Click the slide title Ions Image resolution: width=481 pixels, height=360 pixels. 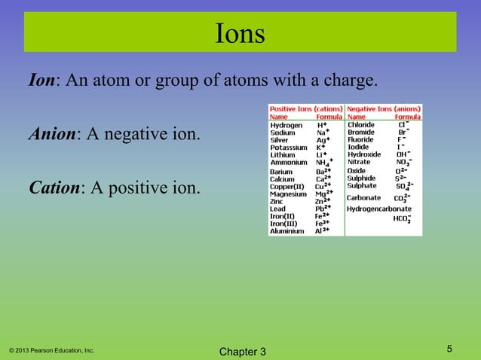coord(240,35)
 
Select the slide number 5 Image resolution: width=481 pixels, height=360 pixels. coord(449,348)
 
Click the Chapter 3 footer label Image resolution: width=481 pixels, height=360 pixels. coord(240,352)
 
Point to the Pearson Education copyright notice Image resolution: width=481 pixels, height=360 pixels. coord(51,350)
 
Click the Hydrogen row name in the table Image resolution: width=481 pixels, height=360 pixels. coord(286,125)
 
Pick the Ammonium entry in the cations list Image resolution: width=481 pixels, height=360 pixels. coord(289,162)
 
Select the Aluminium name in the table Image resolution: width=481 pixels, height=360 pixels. coord(287,231)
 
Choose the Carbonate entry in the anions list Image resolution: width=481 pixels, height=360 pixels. coord(363,197)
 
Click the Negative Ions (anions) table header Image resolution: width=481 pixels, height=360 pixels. coord(383,109)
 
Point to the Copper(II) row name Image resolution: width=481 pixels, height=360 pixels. coord(287,185)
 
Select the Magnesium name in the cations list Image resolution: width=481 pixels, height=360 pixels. coord(289,194)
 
